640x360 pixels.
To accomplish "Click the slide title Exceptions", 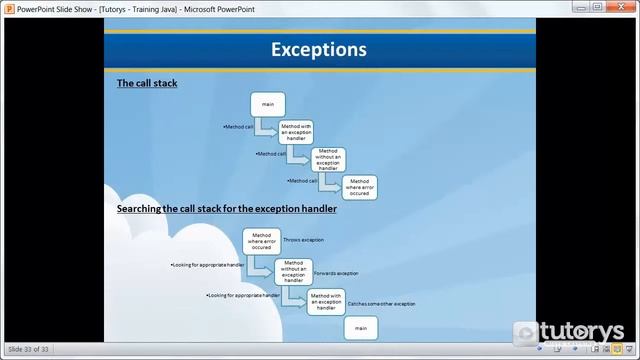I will click(319, 49).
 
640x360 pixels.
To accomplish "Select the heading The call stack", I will click(147, 83).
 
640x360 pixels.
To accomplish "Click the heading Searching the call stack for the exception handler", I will click(226, 209).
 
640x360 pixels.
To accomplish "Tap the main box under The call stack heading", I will click(268, 104).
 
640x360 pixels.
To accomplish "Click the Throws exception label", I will click(303, 240).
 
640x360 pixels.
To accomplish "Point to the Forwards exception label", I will click(335, 272).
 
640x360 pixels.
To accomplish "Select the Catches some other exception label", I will click(381, 303).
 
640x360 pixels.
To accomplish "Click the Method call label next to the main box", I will click(238, 127).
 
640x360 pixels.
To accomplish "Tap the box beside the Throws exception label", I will click(262, 240).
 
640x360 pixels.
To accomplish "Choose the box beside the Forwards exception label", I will click(294, 271).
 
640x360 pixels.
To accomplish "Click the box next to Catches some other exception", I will click(326, 302).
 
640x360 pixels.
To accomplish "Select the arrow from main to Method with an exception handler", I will click(265, 127).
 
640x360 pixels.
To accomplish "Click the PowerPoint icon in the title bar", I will click(8, 7).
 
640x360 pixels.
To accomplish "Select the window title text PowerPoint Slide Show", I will click(56, 7).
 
